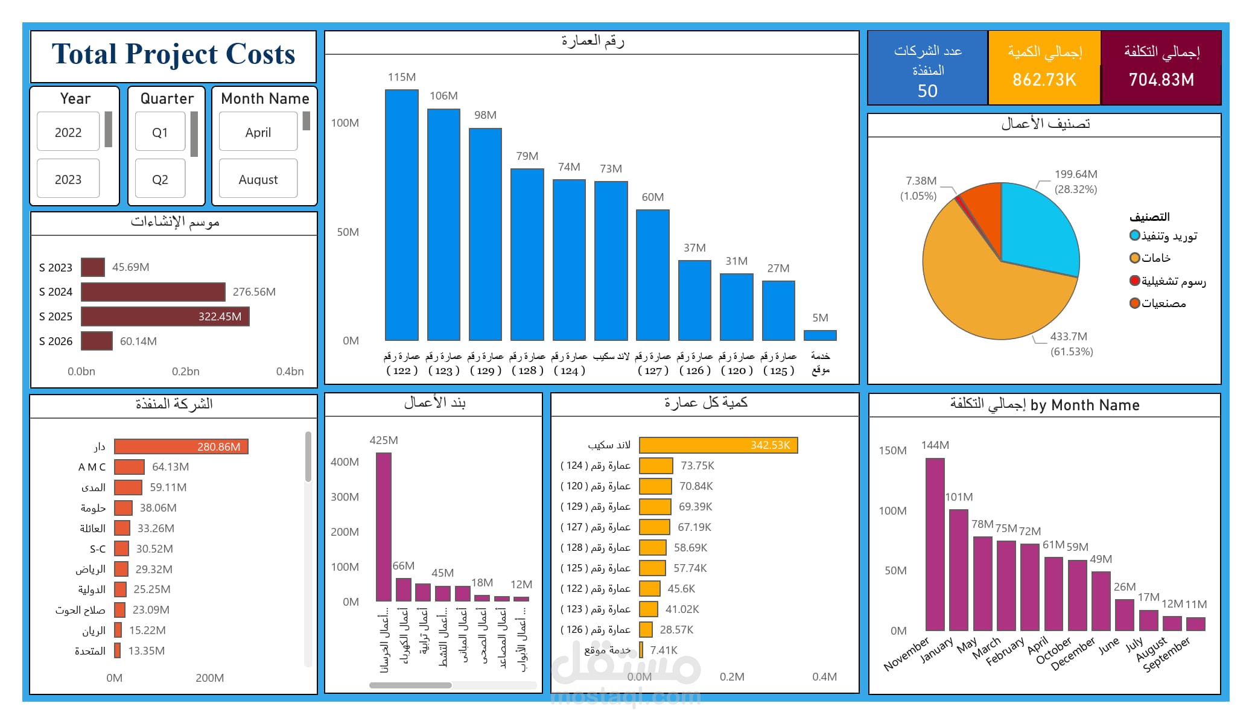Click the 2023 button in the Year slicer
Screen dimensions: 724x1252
pyautogui.click(x=68, y=179)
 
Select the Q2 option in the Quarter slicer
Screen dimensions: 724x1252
pyautogui.click(x=160, y=179)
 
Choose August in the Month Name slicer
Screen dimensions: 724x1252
pyautogui.click(x=258, y=179)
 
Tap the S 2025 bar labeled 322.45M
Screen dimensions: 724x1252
pyautogui.click(x=165, y=316)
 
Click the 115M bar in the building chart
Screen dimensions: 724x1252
pyautogui.click(x=402, y=215)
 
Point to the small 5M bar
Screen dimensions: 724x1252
pyautogui.click(x=820, y=335)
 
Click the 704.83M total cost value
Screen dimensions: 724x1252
pyautogui.click(x=1161, y=80)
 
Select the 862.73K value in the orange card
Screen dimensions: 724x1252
pyautogui.click(x=1044, y=80)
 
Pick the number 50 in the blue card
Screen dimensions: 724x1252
pyautogui.click(x=927, y=91)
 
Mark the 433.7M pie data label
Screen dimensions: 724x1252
pyautogui.click(x=1069, y=336)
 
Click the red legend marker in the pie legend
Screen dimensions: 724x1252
pyautogui.click(x=1135, y=281)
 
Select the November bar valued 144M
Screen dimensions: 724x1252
pyautogui.click(x=935, y=544)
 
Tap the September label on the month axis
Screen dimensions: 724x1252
pyautogui.click(x=1167, y=654)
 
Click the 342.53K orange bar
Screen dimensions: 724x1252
pyautogui.click(x=718, y=445)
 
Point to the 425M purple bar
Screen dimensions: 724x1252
pyautogui.click(x=384, y=527)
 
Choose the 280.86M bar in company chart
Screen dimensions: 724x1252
pyautogui.click(x=181, y=446)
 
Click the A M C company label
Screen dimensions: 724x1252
pyautogui.click(x=92, y=467)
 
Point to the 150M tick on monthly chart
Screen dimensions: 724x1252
pyautogui.click(x=892, y=450)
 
